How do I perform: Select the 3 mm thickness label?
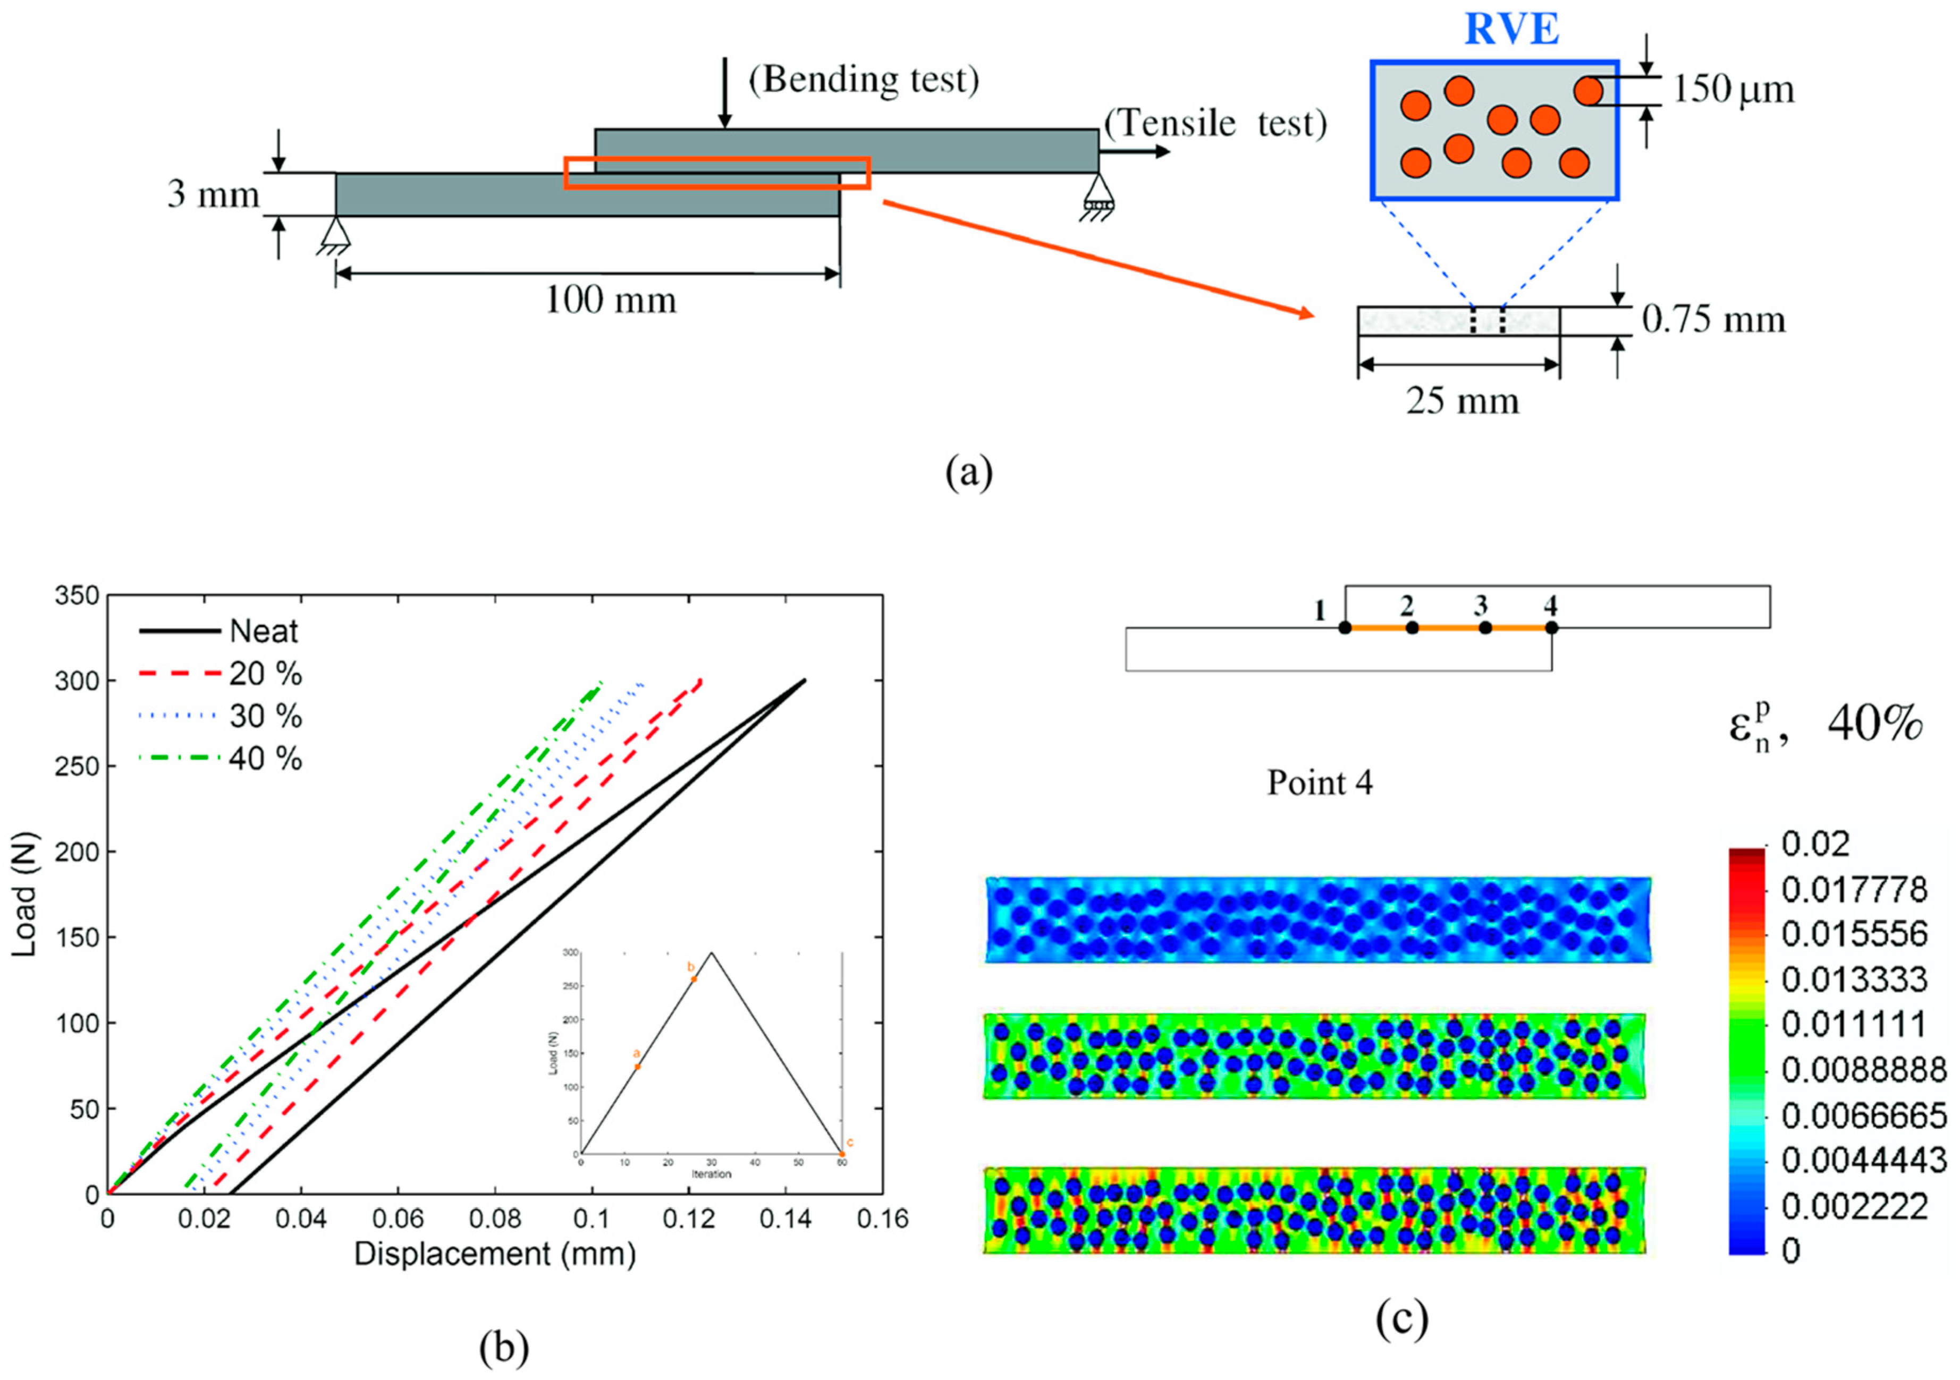(x=214, y=194)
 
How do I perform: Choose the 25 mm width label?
(x=1463, y=401)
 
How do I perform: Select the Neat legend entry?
(x=264, y=632)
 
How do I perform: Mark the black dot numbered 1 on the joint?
(x=1345, y=628)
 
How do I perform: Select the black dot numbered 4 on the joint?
(x=1552, y=628)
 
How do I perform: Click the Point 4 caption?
(x=1320, y=782)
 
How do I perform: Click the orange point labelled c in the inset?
(x=842, y=1154)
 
